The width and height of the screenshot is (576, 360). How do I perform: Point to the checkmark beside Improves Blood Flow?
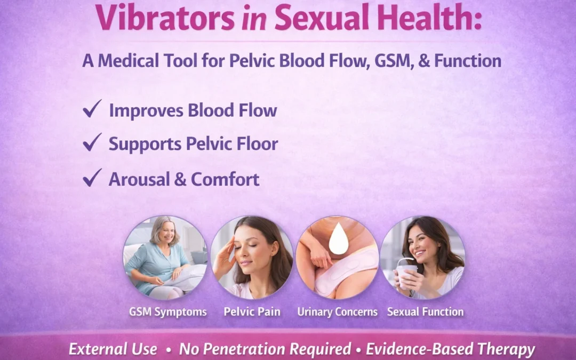pyautogui.click(x=92, y=109)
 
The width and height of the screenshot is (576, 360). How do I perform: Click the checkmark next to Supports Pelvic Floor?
pyautogui.click(x=92, y=142)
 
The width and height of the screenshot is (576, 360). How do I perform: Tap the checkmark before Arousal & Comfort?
pyautogui.click(x=92, y=178)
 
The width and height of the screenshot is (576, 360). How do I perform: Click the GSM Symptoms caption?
pyautogui.click(x=167, y=312)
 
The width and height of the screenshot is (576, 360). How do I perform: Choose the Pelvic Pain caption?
pyautogui.click(x=252, y=312)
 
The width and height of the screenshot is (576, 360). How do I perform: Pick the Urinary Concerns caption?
pyautogui.click(x=337, y=312)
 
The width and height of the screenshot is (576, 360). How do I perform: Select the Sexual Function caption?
pyautogui.click(x=425, y=312)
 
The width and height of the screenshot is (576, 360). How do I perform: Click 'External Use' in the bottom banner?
pyautogui.click(x=113, y=349)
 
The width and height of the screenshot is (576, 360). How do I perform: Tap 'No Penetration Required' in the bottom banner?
pyautogui.click(x=265, y=349)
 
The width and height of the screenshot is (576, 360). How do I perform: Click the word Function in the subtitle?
pyautogui.click(x=468, y=61)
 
